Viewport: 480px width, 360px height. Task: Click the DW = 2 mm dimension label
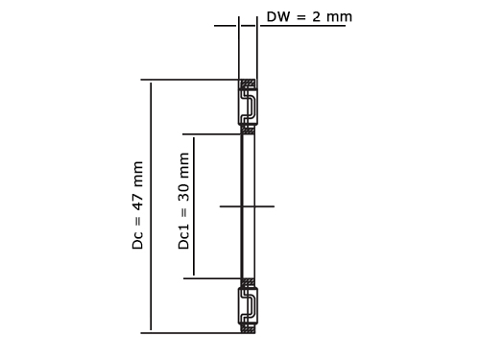coord(309,16)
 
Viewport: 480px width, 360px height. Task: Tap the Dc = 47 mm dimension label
coord(137,205)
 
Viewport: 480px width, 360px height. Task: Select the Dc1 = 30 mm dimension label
coord(183,201)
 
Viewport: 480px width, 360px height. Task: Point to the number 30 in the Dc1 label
coord(183,192)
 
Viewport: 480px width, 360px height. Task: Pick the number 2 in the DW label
coord(316,16)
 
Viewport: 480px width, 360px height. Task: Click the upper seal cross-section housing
coord(248,107)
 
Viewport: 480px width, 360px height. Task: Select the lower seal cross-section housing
coord(248,306)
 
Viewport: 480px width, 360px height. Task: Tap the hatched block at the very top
coord(249,84)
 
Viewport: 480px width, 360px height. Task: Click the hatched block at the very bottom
coord(249,329)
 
